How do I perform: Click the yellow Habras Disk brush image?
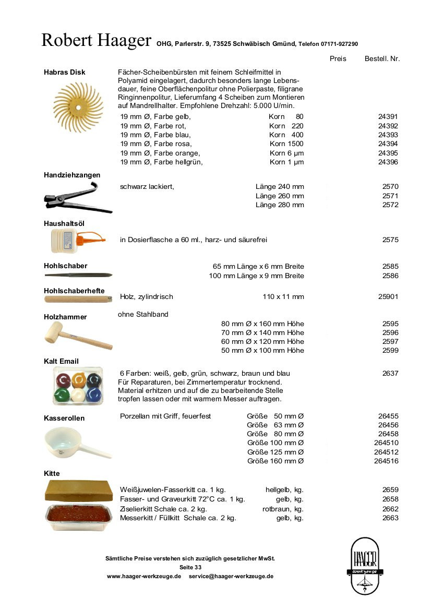[x=79, y=107]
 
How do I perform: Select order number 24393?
[x=388, y=135]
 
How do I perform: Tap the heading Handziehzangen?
[x=72, y=175]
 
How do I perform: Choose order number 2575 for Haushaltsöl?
[x=390, y=240]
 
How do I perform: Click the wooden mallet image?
[x=78, y=336]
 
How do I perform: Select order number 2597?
[x=390, y=341]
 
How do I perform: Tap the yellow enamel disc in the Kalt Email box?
[x=79, y=379]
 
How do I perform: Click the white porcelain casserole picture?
[x=77, y=442]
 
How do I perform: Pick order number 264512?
[x=386, y=452]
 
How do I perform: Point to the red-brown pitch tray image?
[x=79, y=516]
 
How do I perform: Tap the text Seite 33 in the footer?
[x=190, y=567]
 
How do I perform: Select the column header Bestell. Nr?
[x=382, y=59]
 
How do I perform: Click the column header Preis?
[x=338, y=59]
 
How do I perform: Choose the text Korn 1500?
[x=286, y=144]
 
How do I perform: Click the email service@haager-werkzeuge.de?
[x=231, y=576]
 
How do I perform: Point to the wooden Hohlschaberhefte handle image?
[x=78, y=300]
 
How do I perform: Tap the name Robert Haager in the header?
[x=96, y=41]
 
